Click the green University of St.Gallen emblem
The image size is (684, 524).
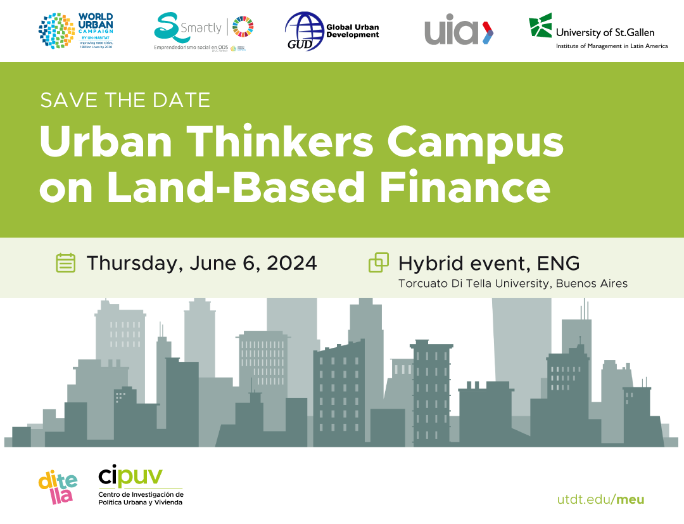click(x=540, y=26)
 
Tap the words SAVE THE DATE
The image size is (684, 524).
click(x=125, y=99)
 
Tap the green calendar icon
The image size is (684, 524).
click(x=66, y=262)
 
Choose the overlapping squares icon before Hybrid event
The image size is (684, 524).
click(x=379, y=262)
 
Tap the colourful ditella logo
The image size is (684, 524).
click(x=56, y=487)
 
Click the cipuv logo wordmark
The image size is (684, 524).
click(x=130, y=476)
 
